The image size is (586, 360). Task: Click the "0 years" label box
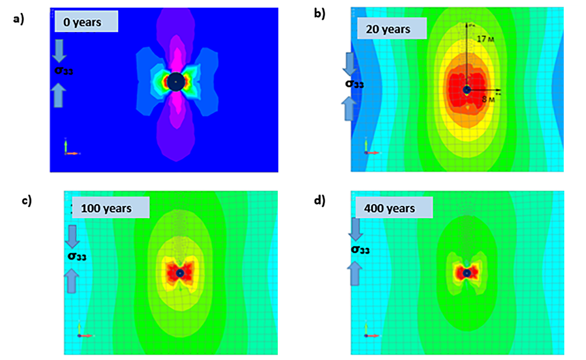pyautogui.click(x=86, y=22)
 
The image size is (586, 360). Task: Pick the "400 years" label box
pyautogui.click(x=394, y=208)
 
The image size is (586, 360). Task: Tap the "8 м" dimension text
pyautogui.click(x=486, y=100)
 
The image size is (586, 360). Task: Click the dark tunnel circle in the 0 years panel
pyautogui.click(x=175, y=81)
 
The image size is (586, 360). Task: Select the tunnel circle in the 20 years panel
pyautogui.click(x=466, y=90)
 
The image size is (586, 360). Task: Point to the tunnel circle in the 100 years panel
pyautogui.click(x=180, y=273)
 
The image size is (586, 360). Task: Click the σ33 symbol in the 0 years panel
pyautogui.click(x=64, y=71)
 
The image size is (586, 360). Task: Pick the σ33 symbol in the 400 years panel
pyautogui.click(x=360, y=250)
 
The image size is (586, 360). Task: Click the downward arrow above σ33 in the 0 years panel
pyautogui.click(x=60, y=52)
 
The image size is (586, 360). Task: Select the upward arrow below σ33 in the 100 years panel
pyautogui.click(x=72, y=281)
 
